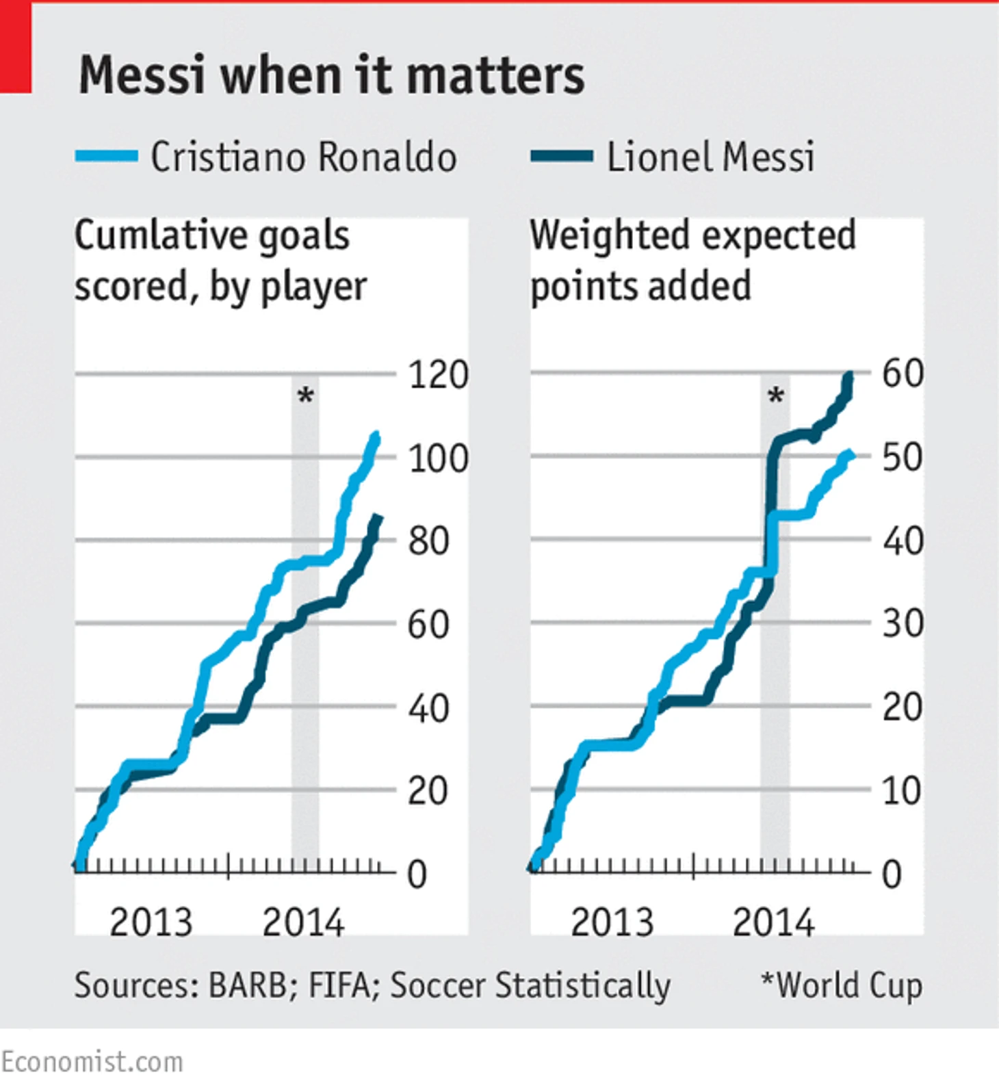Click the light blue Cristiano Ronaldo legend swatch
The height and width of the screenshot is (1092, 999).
(x=107, y=157)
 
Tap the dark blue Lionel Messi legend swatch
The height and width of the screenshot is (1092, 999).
(x=562, y=157)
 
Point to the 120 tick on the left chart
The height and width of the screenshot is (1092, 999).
(x=438, y=375)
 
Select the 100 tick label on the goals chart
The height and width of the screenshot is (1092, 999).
(x=438, y=458)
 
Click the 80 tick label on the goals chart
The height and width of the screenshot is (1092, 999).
(x=428, y=541)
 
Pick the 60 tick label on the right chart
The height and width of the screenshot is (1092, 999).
(x=903, y=374)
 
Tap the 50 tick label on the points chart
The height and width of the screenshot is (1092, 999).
(x=903, y=457)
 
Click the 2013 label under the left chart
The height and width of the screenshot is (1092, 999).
(x=151, y=922)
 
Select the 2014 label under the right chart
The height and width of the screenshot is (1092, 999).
(x=774, y=922)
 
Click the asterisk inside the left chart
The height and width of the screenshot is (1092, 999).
(x=306, y=395)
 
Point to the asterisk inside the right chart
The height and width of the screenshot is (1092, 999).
(x=776, y=395)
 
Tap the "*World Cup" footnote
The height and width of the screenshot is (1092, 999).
(x=842, y=986)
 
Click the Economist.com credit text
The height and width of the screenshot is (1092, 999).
(x=92, y=1062)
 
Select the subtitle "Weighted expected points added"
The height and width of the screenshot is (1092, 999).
(x=692, y=260)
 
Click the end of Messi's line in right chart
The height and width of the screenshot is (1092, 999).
(x=851, y=376)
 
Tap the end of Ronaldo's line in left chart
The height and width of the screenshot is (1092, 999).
(x=376, y=436)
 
